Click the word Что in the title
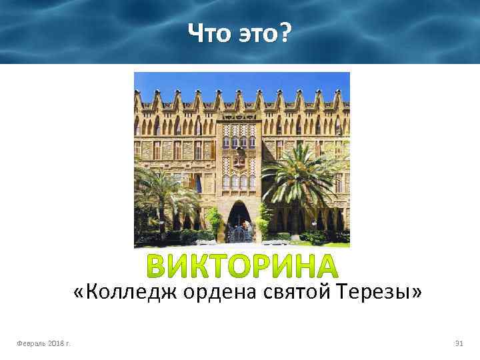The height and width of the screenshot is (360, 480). tap(209, 31)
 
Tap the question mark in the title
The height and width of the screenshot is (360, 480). tap(285, 31)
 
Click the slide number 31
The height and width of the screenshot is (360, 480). tap(458, 343)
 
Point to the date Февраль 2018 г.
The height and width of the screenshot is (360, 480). tap(45, 343)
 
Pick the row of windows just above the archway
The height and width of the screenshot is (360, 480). tap(239, 180)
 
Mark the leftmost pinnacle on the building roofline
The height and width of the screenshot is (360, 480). tap(137, 100)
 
